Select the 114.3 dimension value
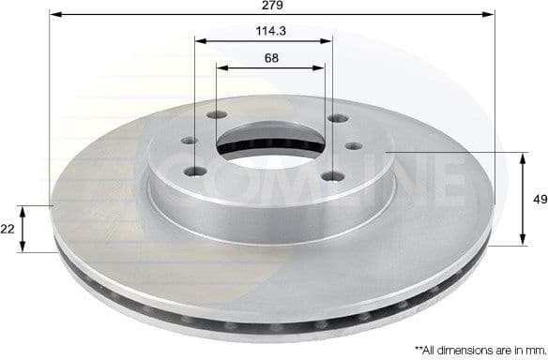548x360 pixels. tap(264, 31)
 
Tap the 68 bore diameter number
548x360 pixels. tap(270, 57)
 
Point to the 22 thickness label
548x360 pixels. tap(8, 228)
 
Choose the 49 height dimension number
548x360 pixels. tap(538, 199)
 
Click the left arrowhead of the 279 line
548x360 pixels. tap(54, 14)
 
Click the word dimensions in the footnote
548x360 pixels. tap(463, 348)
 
